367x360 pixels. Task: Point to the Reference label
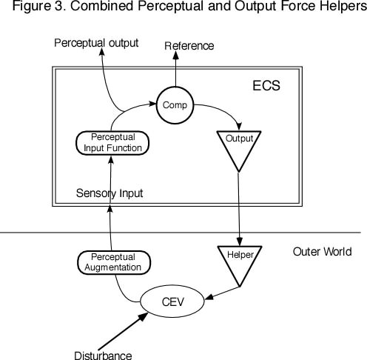coord(189,46)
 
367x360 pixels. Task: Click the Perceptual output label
coord(96,43)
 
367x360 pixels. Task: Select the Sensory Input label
coord(110,193)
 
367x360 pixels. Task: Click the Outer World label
coord(321,252)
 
